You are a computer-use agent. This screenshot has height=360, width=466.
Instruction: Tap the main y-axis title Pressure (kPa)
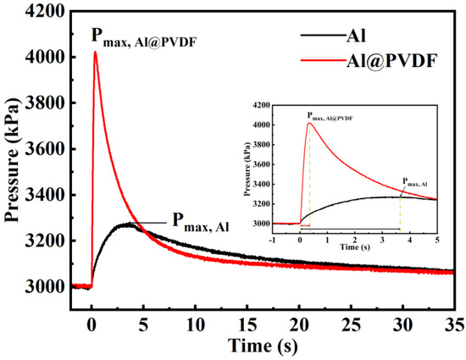click(14, 161)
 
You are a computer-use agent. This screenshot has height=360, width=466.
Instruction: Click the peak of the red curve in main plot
click(96, 52)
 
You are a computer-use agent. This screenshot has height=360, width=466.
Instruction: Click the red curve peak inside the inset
click(309, 123)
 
